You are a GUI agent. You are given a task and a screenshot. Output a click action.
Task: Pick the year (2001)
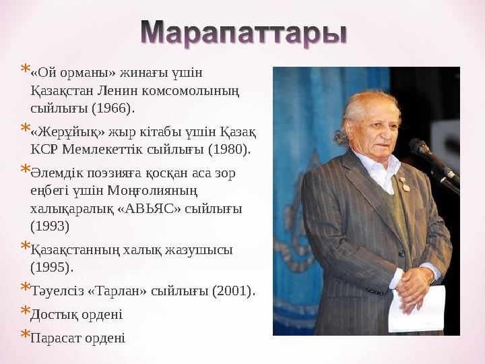coord(233,291)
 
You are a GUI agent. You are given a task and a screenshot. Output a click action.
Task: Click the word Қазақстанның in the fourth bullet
coord(75,249)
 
